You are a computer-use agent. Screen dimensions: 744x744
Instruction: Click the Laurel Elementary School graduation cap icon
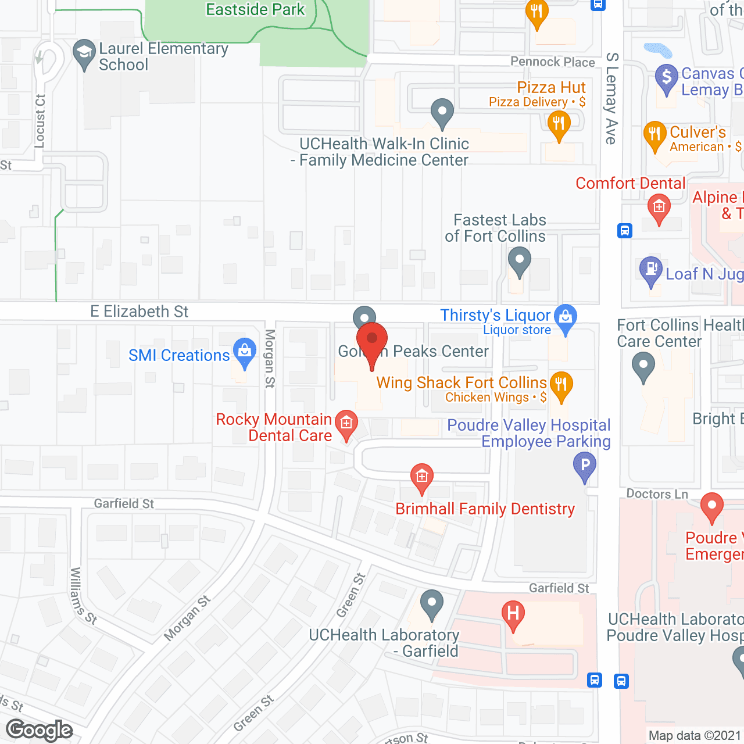click(84, 53)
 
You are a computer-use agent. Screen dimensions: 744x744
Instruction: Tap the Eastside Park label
click(255, 10)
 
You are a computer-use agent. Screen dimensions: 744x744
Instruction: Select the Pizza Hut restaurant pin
click(559, 124)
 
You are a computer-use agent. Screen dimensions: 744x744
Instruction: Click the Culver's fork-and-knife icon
click(654, 134)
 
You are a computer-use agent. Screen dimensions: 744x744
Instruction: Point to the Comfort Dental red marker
click(659, 208)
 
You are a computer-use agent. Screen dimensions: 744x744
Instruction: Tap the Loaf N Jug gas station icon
click(651, 270)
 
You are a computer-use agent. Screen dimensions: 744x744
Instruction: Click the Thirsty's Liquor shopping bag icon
click(566, 318)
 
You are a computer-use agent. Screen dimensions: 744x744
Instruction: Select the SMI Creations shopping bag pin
click(245, 352)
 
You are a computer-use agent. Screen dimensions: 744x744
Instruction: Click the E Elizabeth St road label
click(139, 312)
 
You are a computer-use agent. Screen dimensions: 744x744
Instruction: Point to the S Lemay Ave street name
click(611, 98)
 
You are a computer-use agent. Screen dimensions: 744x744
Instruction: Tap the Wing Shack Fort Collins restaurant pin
click(561, 385)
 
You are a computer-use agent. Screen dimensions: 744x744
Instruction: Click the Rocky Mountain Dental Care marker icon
click(346, 424)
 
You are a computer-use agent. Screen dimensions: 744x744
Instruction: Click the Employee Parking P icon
click(585, 466)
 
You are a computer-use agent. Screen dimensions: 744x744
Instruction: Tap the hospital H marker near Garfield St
click(513, 614)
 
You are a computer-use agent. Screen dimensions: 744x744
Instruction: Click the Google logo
click(40, 730)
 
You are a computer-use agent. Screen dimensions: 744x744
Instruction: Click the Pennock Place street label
click(552, 62)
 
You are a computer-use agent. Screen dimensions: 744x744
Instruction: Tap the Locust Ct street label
click(40, 121)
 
